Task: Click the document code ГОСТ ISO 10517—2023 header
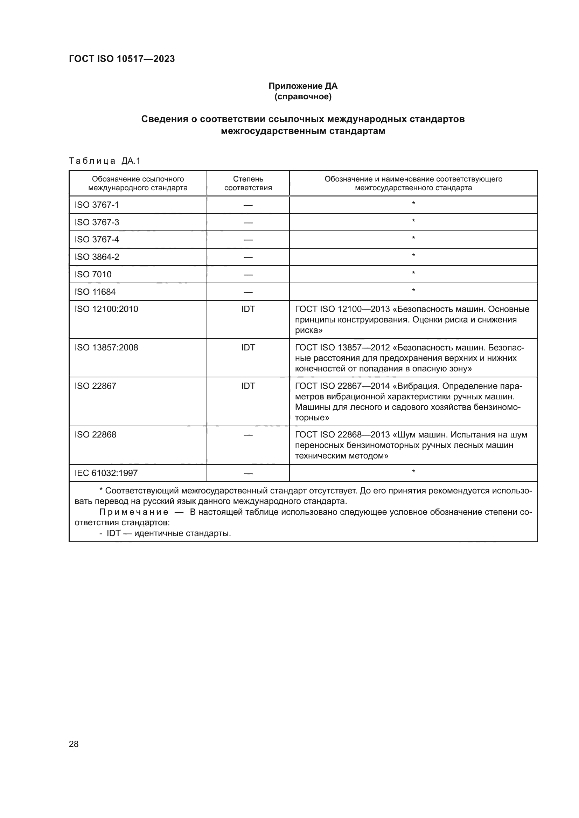(122, 59)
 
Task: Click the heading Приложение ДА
(303, 86)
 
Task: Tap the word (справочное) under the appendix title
(303, 97)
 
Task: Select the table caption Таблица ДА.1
(105, 161)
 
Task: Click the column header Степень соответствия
(248, 183)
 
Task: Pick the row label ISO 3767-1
(97, 205)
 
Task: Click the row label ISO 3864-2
(97, 257)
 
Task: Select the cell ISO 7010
(93, 274)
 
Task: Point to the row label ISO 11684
(95, 292)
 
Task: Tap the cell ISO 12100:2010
(106, 309)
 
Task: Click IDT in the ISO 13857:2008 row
(248, 347)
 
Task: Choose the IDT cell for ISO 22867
(248, 386)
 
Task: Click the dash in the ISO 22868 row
(248, 435)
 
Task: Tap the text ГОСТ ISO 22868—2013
(342, 435)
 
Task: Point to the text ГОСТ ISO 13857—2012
(342, 347)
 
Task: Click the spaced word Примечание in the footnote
(134, 512)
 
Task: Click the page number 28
(74, 744)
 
